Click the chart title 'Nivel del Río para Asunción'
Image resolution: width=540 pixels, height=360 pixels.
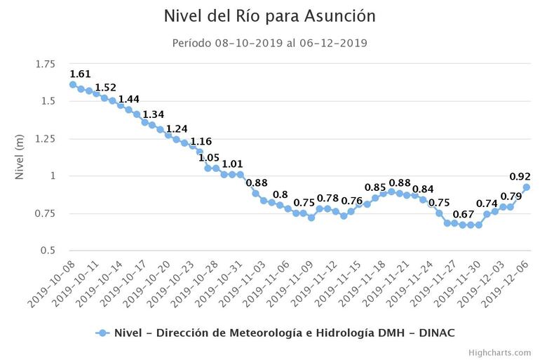270,15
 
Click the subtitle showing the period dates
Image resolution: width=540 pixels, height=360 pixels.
270,43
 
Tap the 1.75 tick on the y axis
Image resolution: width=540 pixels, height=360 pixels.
44,65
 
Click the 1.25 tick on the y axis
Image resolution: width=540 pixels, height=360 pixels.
44,139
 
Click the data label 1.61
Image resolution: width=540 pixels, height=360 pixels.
81,74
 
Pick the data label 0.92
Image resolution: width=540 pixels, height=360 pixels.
520,176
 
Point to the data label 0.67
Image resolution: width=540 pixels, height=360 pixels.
464,214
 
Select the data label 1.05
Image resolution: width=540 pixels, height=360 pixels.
208,157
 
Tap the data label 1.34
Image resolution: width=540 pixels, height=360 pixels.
153,114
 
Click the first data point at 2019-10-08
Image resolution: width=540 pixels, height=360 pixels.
73,85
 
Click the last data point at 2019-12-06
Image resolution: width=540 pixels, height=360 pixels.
527,187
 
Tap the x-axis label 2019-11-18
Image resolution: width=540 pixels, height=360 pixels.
364,282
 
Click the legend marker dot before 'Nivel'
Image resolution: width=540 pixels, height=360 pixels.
102,333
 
